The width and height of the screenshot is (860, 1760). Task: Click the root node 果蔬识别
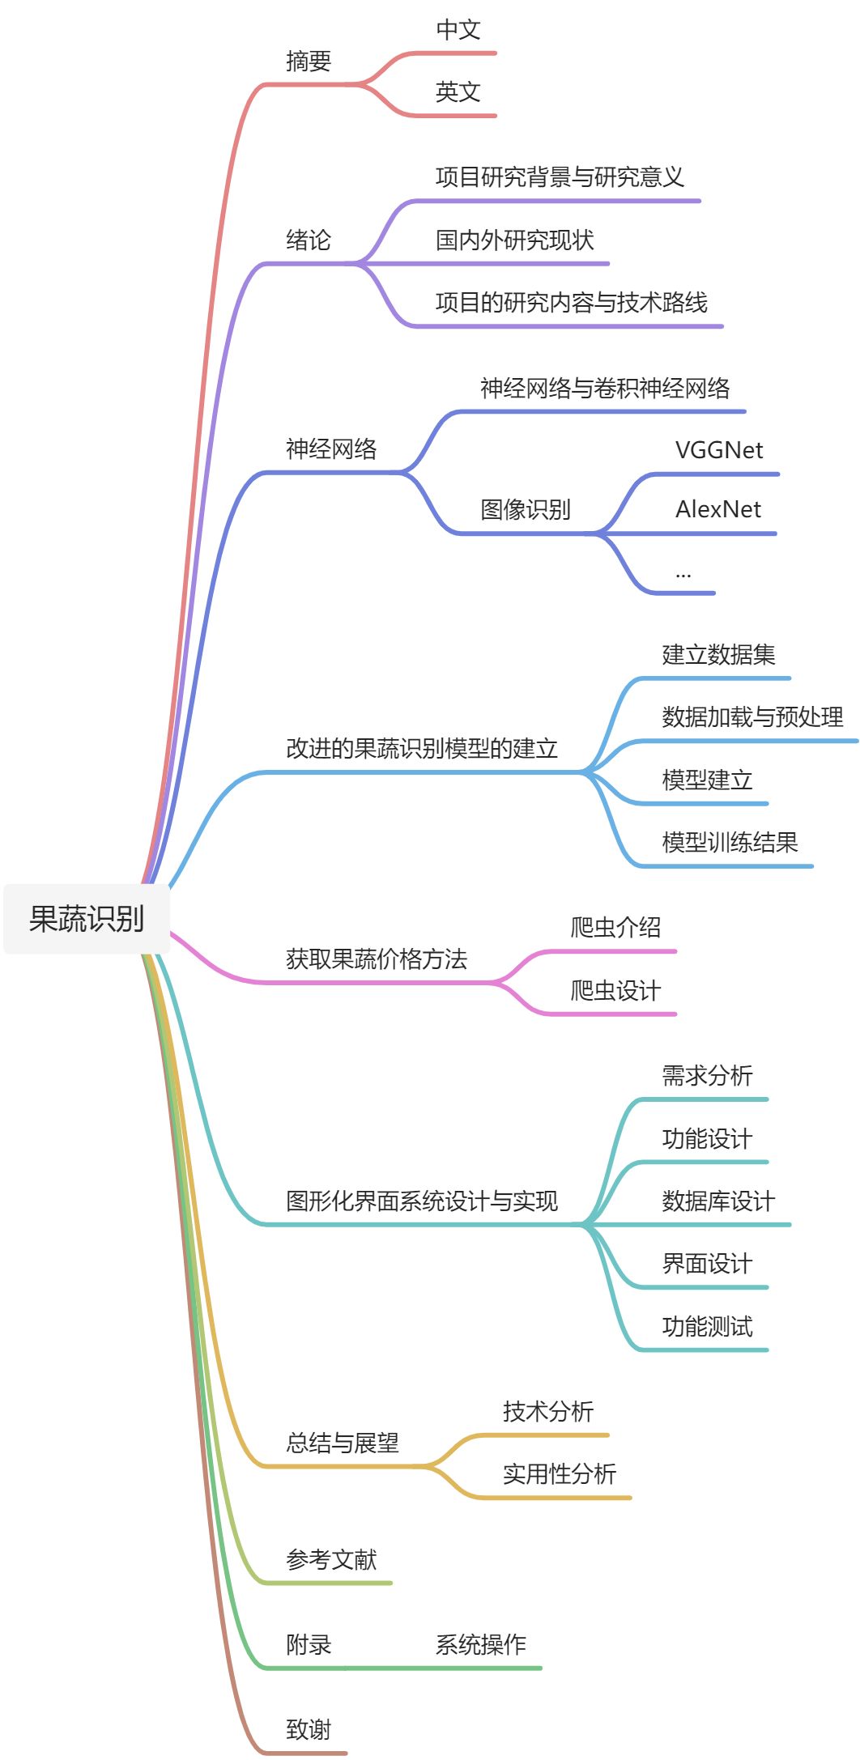point(87,919)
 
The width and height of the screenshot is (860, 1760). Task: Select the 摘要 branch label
point(309,62)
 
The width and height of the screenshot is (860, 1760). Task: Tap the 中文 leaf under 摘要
point(458,30)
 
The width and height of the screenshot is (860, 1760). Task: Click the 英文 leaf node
point(458,92)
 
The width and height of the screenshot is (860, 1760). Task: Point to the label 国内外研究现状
point(515,240)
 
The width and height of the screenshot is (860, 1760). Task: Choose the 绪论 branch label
point(309,240)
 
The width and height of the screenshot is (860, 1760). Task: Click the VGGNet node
point(719,450)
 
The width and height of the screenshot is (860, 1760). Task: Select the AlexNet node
point(718,509)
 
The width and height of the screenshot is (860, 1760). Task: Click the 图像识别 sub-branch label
point(526,510)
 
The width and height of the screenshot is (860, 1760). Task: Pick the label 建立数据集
point(719,655)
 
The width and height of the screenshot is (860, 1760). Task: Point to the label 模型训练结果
point(730,843)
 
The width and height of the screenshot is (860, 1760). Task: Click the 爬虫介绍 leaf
point(616,928)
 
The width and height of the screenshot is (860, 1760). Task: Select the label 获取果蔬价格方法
point(377,959)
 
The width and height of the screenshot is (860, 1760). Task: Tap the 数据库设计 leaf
point(718,1201)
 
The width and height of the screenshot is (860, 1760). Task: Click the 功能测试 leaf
point(707,1327)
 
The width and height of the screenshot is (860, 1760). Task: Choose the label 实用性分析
point(560,1474)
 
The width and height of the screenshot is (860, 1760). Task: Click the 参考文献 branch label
point(331,1559)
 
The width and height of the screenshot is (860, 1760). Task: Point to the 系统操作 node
point(481,1645)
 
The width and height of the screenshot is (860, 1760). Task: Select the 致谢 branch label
point(309,1730)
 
